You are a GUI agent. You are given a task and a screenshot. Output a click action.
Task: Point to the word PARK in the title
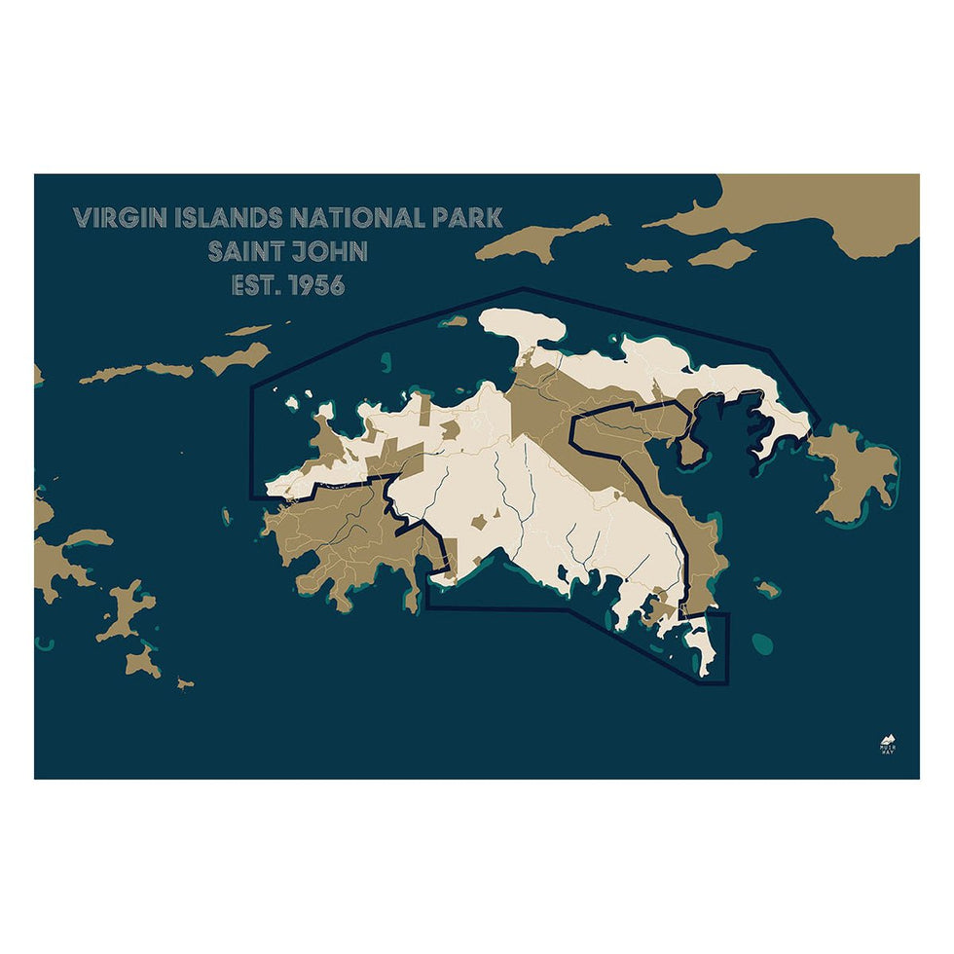coord(466,217)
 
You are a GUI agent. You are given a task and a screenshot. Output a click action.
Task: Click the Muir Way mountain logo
coord(887,743)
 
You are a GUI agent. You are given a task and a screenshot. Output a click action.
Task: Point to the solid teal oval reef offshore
coord(762,642)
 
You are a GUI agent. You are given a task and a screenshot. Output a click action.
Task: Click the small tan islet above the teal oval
coord(768,588)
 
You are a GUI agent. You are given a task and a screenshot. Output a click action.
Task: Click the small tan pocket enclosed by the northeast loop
coord(691,450)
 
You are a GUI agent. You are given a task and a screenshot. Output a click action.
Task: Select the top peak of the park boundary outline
coord(523,288)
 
